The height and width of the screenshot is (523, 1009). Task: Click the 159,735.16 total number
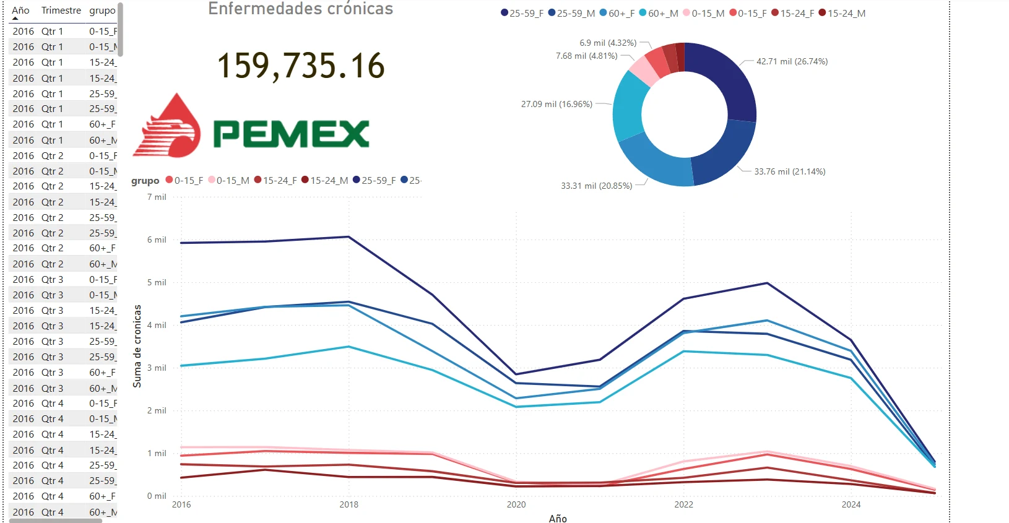point(301,66)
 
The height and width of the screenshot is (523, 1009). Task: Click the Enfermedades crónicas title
point(301,9)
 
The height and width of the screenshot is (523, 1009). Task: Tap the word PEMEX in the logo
point(291,133)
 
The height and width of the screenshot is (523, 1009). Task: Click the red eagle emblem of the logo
point(168,127)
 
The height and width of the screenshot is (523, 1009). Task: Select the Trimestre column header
point(61,11)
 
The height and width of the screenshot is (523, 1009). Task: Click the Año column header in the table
point(20,11)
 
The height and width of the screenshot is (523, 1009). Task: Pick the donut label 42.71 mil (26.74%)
point(792,61)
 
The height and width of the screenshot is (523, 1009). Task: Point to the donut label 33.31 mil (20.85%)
point(596,186)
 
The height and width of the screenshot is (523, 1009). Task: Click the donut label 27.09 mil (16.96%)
point(556,104)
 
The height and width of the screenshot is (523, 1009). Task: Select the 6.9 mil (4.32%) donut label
point(608,43)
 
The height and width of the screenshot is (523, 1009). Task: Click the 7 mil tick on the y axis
point(157,197)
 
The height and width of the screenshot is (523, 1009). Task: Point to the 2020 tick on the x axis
point(516,504)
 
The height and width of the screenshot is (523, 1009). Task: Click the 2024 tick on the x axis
point(851,504)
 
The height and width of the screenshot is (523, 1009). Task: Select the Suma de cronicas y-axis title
point(137,346)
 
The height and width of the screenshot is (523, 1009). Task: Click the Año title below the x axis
point(558,518)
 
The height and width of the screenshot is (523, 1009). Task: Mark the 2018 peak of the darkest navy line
point(349,236)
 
